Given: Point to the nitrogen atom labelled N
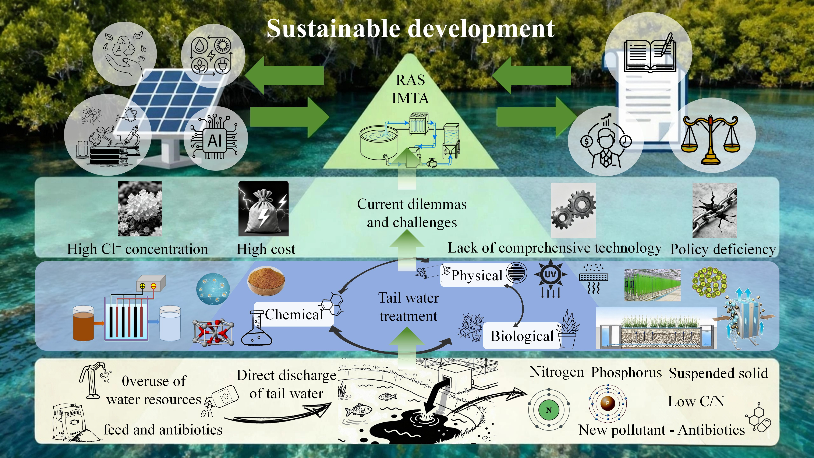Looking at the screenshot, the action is pos(549,410).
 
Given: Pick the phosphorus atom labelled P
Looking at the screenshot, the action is pos(607,403).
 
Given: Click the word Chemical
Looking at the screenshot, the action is pos(294,314).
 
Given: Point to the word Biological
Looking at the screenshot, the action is pos(522,336).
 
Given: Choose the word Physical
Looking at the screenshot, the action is pos(477,275).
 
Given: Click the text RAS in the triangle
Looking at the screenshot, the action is pos(410,80).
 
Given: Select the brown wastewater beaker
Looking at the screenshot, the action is pos(84,323).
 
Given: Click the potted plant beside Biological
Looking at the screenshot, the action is pos(567,330).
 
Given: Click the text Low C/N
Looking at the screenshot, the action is pos(696,401).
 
